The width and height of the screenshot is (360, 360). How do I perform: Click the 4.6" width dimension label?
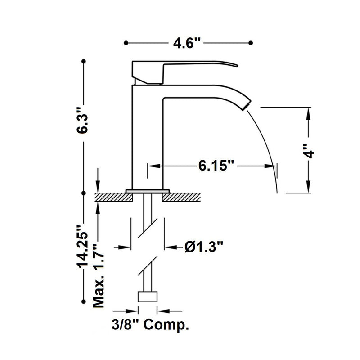pyautogui.click(x=187, y=43)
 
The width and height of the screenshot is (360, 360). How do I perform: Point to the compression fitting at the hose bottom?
pyautogui.click(x=147, y=297)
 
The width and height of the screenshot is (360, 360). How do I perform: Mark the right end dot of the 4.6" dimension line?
pyautogui.click(x=251, y=43)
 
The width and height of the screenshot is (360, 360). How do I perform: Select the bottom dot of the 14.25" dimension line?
pyautogui.click(x=83, y=300)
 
